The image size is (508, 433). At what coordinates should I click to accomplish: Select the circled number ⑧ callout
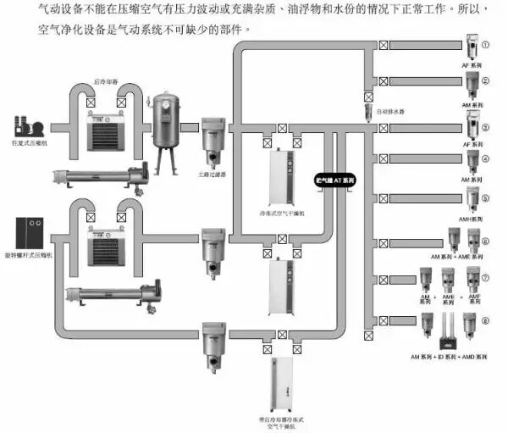(485, 320)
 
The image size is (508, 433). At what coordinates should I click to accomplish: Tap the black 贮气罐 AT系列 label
(335, 180)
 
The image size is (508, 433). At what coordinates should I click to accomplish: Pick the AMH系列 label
(471, 219)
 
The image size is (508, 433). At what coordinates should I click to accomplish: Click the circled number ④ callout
(485, 158)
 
